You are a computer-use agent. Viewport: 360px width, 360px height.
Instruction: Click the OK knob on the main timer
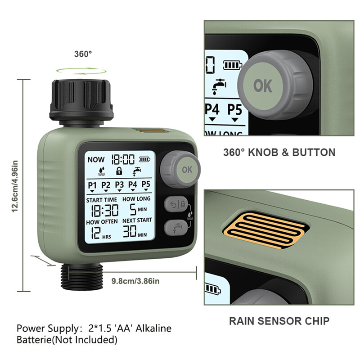[x=180, y=169]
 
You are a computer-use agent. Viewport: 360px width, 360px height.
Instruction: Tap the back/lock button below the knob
[x=176, y=204]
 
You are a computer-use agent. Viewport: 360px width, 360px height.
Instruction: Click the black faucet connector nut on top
[x=81, y=100]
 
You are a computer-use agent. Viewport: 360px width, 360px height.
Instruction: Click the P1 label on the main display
[x=92, y=185]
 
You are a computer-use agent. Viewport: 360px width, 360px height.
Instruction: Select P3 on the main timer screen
[x=119, y=184]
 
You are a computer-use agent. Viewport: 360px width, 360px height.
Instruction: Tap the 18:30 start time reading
[x=105, y=211]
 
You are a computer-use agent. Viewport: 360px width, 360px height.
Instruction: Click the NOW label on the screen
[x=96, y=159]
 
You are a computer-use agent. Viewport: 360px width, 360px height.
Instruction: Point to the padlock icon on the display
[x=119, y=171]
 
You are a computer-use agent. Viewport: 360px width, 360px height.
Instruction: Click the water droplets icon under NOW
[x=102, y=171]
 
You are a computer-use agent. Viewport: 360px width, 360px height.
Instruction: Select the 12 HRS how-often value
[x=101, y=233]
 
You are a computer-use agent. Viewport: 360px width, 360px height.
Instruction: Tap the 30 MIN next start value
[x=135, y=231]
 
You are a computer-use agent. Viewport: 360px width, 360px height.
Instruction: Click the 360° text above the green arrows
[x=83, y=54]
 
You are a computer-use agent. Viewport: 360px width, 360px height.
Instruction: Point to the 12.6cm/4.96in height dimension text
[x=15, y=186]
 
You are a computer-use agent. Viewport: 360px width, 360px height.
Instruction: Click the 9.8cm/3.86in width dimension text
[x=135, y=281]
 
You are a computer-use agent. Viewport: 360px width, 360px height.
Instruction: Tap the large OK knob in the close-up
[x=275, y=85]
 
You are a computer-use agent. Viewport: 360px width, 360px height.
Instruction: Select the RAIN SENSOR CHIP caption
[x=279, y=321]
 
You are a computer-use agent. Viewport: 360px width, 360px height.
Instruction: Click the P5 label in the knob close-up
[x=234, y=109]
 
